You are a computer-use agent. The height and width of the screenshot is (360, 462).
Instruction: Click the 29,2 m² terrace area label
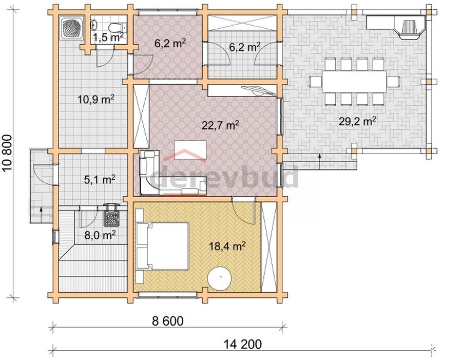357,121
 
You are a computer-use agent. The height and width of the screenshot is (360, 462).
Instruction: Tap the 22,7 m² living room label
220,125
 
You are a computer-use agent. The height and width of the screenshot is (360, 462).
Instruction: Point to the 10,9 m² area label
96,99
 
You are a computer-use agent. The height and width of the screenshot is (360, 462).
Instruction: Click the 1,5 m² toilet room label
108,37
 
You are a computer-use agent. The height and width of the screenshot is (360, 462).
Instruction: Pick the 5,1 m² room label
100,179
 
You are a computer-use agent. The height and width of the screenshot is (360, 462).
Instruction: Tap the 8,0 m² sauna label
100,235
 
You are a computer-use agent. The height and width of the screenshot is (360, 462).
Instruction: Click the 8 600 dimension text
168,321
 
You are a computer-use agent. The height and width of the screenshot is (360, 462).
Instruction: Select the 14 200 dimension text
242,344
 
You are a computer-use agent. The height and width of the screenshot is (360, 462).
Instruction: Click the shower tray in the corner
72,28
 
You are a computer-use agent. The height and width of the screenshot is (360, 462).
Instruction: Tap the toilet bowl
114,27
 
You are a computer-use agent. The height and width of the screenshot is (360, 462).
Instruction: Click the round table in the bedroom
220,278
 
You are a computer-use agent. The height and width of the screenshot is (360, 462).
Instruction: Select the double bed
162,246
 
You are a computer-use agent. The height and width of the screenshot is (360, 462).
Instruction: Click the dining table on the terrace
354,81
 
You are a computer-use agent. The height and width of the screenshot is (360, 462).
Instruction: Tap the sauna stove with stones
112,216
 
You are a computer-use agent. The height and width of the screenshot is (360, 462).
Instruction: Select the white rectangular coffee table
190,150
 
